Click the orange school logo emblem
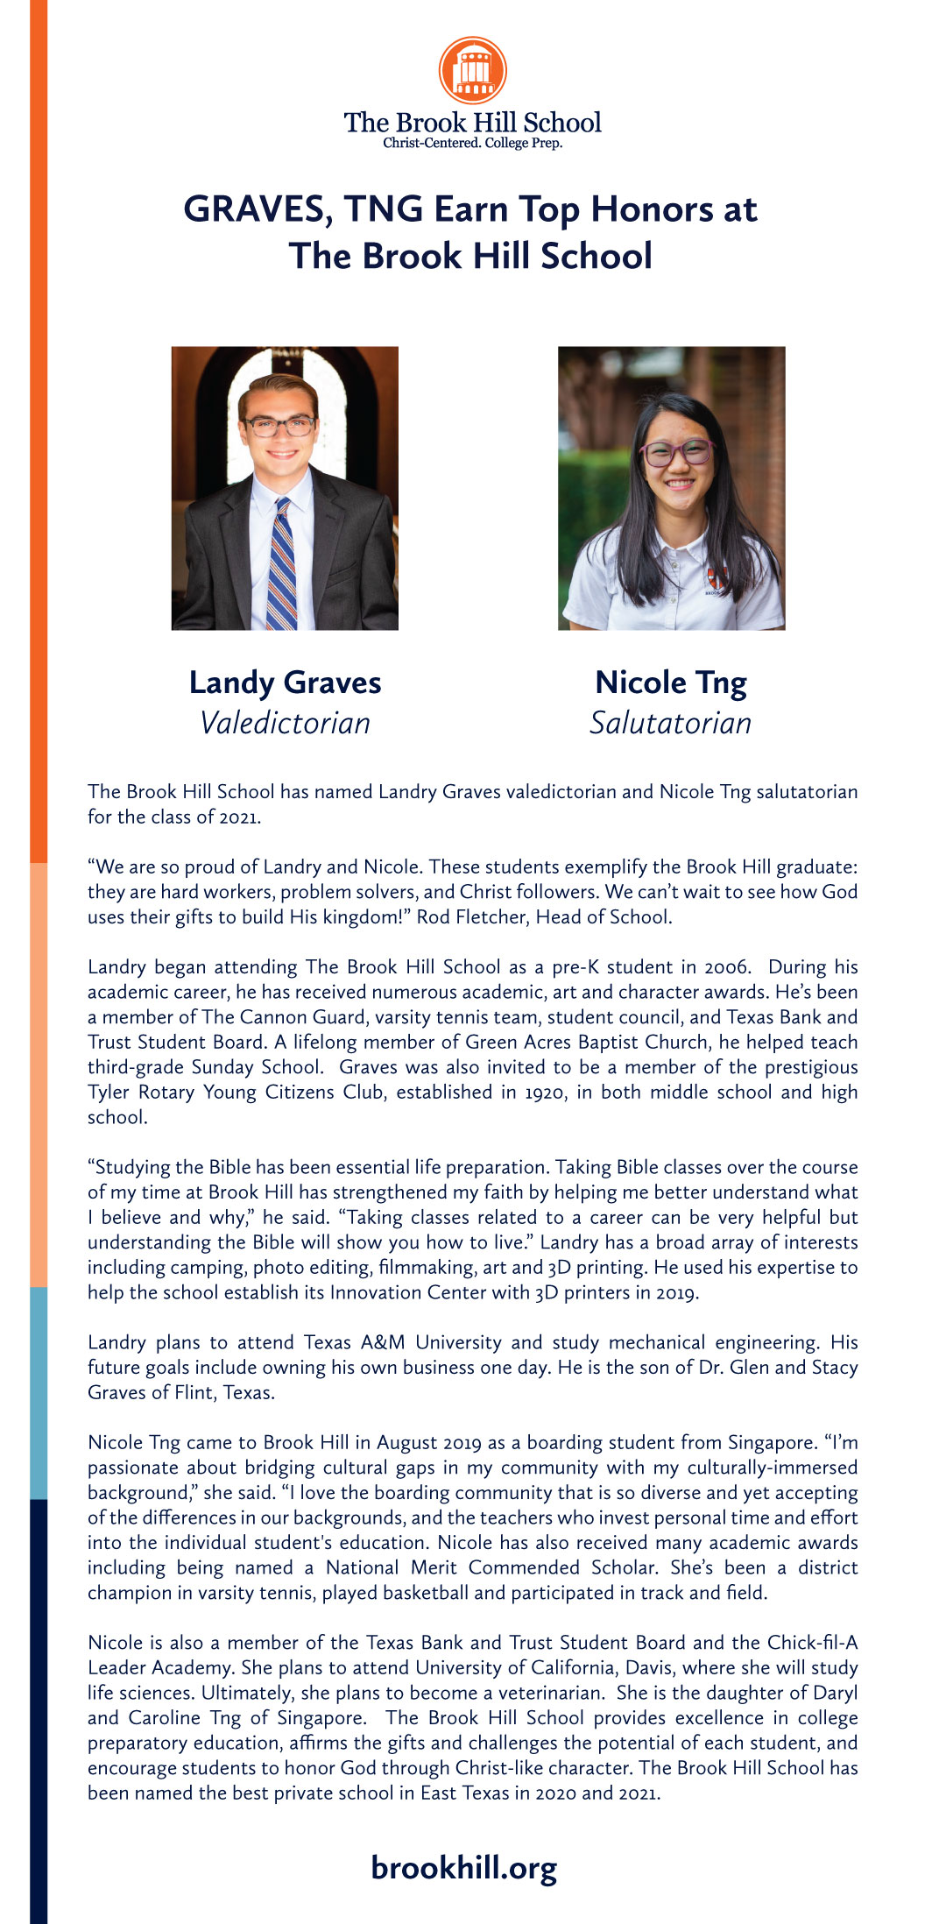coord(472,71)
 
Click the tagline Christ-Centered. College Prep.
coord(472,144)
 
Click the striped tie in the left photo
coord(281,565)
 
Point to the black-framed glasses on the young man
coord(279,426)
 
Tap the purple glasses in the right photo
coord(677,453)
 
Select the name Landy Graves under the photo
coord(285,683)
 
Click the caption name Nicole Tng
coord(671,683)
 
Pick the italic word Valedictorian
coord(285,724)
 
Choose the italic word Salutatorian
coord(671,724)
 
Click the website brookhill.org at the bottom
coord(463,1868)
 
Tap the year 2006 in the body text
coord(726,967)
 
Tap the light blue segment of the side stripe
coord(39,1393)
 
